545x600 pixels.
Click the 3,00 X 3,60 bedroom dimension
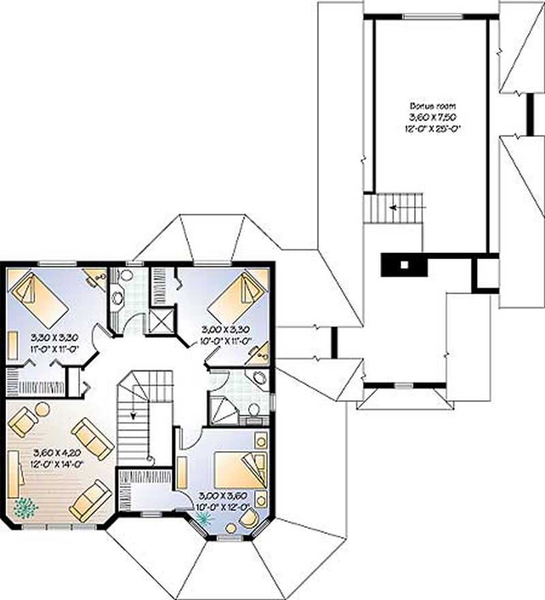[x=222, y=496]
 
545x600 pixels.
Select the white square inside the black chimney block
[x=403, y=265]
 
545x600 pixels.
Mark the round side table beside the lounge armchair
[x=42, y=409]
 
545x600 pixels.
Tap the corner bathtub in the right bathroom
[x=258, y=380]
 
